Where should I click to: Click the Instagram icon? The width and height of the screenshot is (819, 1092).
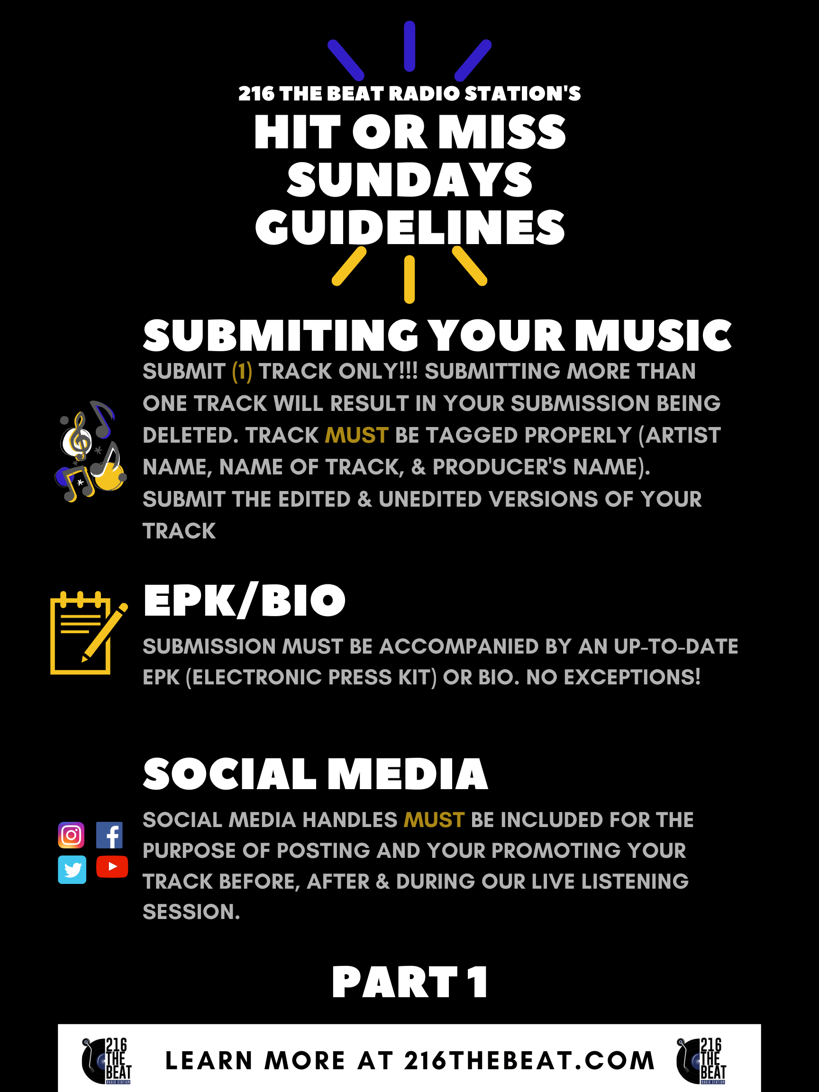click(x=72, y=835)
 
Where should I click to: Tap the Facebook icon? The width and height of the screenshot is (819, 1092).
click(x=109, y=835)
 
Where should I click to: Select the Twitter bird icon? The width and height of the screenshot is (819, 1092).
click(x=72, y=869)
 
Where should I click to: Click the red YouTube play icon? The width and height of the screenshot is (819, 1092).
click(x=112, y=866)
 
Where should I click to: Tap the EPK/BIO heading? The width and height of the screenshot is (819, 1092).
click(x=245, y=601)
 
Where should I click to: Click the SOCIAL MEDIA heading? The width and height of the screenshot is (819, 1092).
click(x=316, y=773)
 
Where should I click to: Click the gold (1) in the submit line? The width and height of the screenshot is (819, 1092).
click(x=242, y=372)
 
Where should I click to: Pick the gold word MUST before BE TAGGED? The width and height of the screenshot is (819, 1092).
click(x=357, y=436)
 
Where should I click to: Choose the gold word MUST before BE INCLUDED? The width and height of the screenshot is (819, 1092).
click(x=434, y=820)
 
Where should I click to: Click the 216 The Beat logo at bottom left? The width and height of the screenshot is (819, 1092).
click(x=107, y=1061)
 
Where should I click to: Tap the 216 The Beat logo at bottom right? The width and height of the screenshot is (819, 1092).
click(x=701, y=1061)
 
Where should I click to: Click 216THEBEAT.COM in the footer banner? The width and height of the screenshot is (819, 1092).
click(x=529, y=1061)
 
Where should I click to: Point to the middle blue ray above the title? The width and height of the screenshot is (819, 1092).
click(x=409, y=46)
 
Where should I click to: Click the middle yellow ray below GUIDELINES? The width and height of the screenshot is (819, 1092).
click(x=409, y=279)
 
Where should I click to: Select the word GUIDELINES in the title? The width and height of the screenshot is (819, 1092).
click(x=410, y=227)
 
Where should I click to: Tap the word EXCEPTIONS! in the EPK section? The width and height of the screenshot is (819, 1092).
click(x=632, y=677)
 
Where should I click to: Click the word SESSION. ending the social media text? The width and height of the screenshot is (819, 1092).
click(x=191, y=912)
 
